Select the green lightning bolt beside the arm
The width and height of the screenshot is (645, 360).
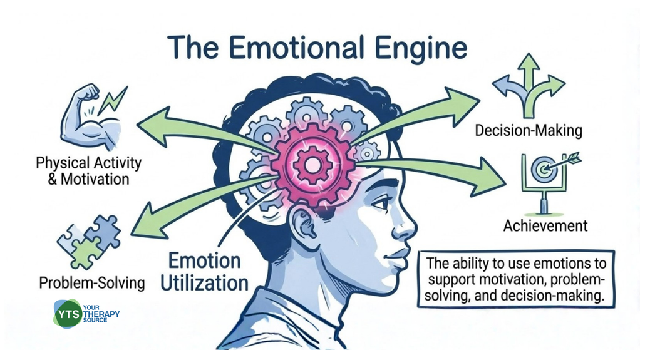pos(114,101)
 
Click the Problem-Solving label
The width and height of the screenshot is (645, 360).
pos(91,283)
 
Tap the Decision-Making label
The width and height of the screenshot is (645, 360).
pos(529,131)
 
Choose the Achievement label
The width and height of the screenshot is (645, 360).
pos(545,226)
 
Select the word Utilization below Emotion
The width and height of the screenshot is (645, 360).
pos(204,284)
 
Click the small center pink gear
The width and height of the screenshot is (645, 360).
pos(312,166)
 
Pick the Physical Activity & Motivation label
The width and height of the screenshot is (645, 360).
pos(88,171)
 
